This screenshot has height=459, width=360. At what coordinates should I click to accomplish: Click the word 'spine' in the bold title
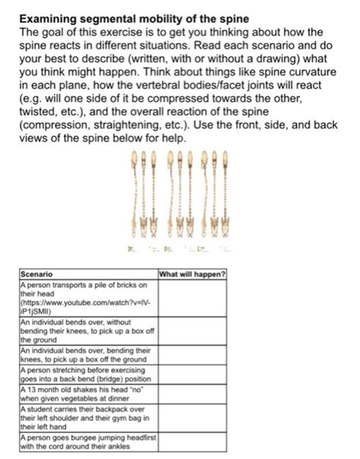click(232, 17)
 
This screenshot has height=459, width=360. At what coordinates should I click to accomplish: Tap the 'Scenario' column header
click(36, 274)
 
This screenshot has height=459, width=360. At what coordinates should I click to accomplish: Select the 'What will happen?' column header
click(192, 274)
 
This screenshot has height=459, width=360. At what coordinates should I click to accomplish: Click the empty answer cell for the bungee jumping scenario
click(192, 442)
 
